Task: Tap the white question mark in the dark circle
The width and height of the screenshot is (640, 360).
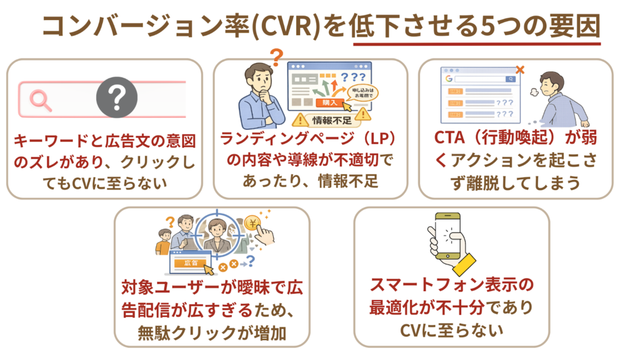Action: pyautogui.click(x=114, y=99)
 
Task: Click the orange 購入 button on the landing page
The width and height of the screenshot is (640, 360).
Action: pyautogui.click(x=329, y=102)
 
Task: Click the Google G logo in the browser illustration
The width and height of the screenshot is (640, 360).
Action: pyautogui.click(x=448, y=79)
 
